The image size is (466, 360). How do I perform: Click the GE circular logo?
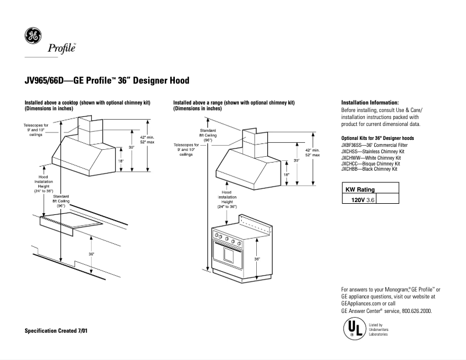33,36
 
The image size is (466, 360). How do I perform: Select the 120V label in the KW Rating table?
352,199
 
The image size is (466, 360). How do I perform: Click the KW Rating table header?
360,189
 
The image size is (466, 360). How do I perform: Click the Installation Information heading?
370,102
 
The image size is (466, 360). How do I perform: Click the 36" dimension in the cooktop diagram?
91,254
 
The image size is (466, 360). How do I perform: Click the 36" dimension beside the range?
256,259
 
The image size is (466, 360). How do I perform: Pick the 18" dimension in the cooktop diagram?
121,161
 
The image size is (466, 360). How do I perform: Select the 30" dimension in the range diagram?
296,160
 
